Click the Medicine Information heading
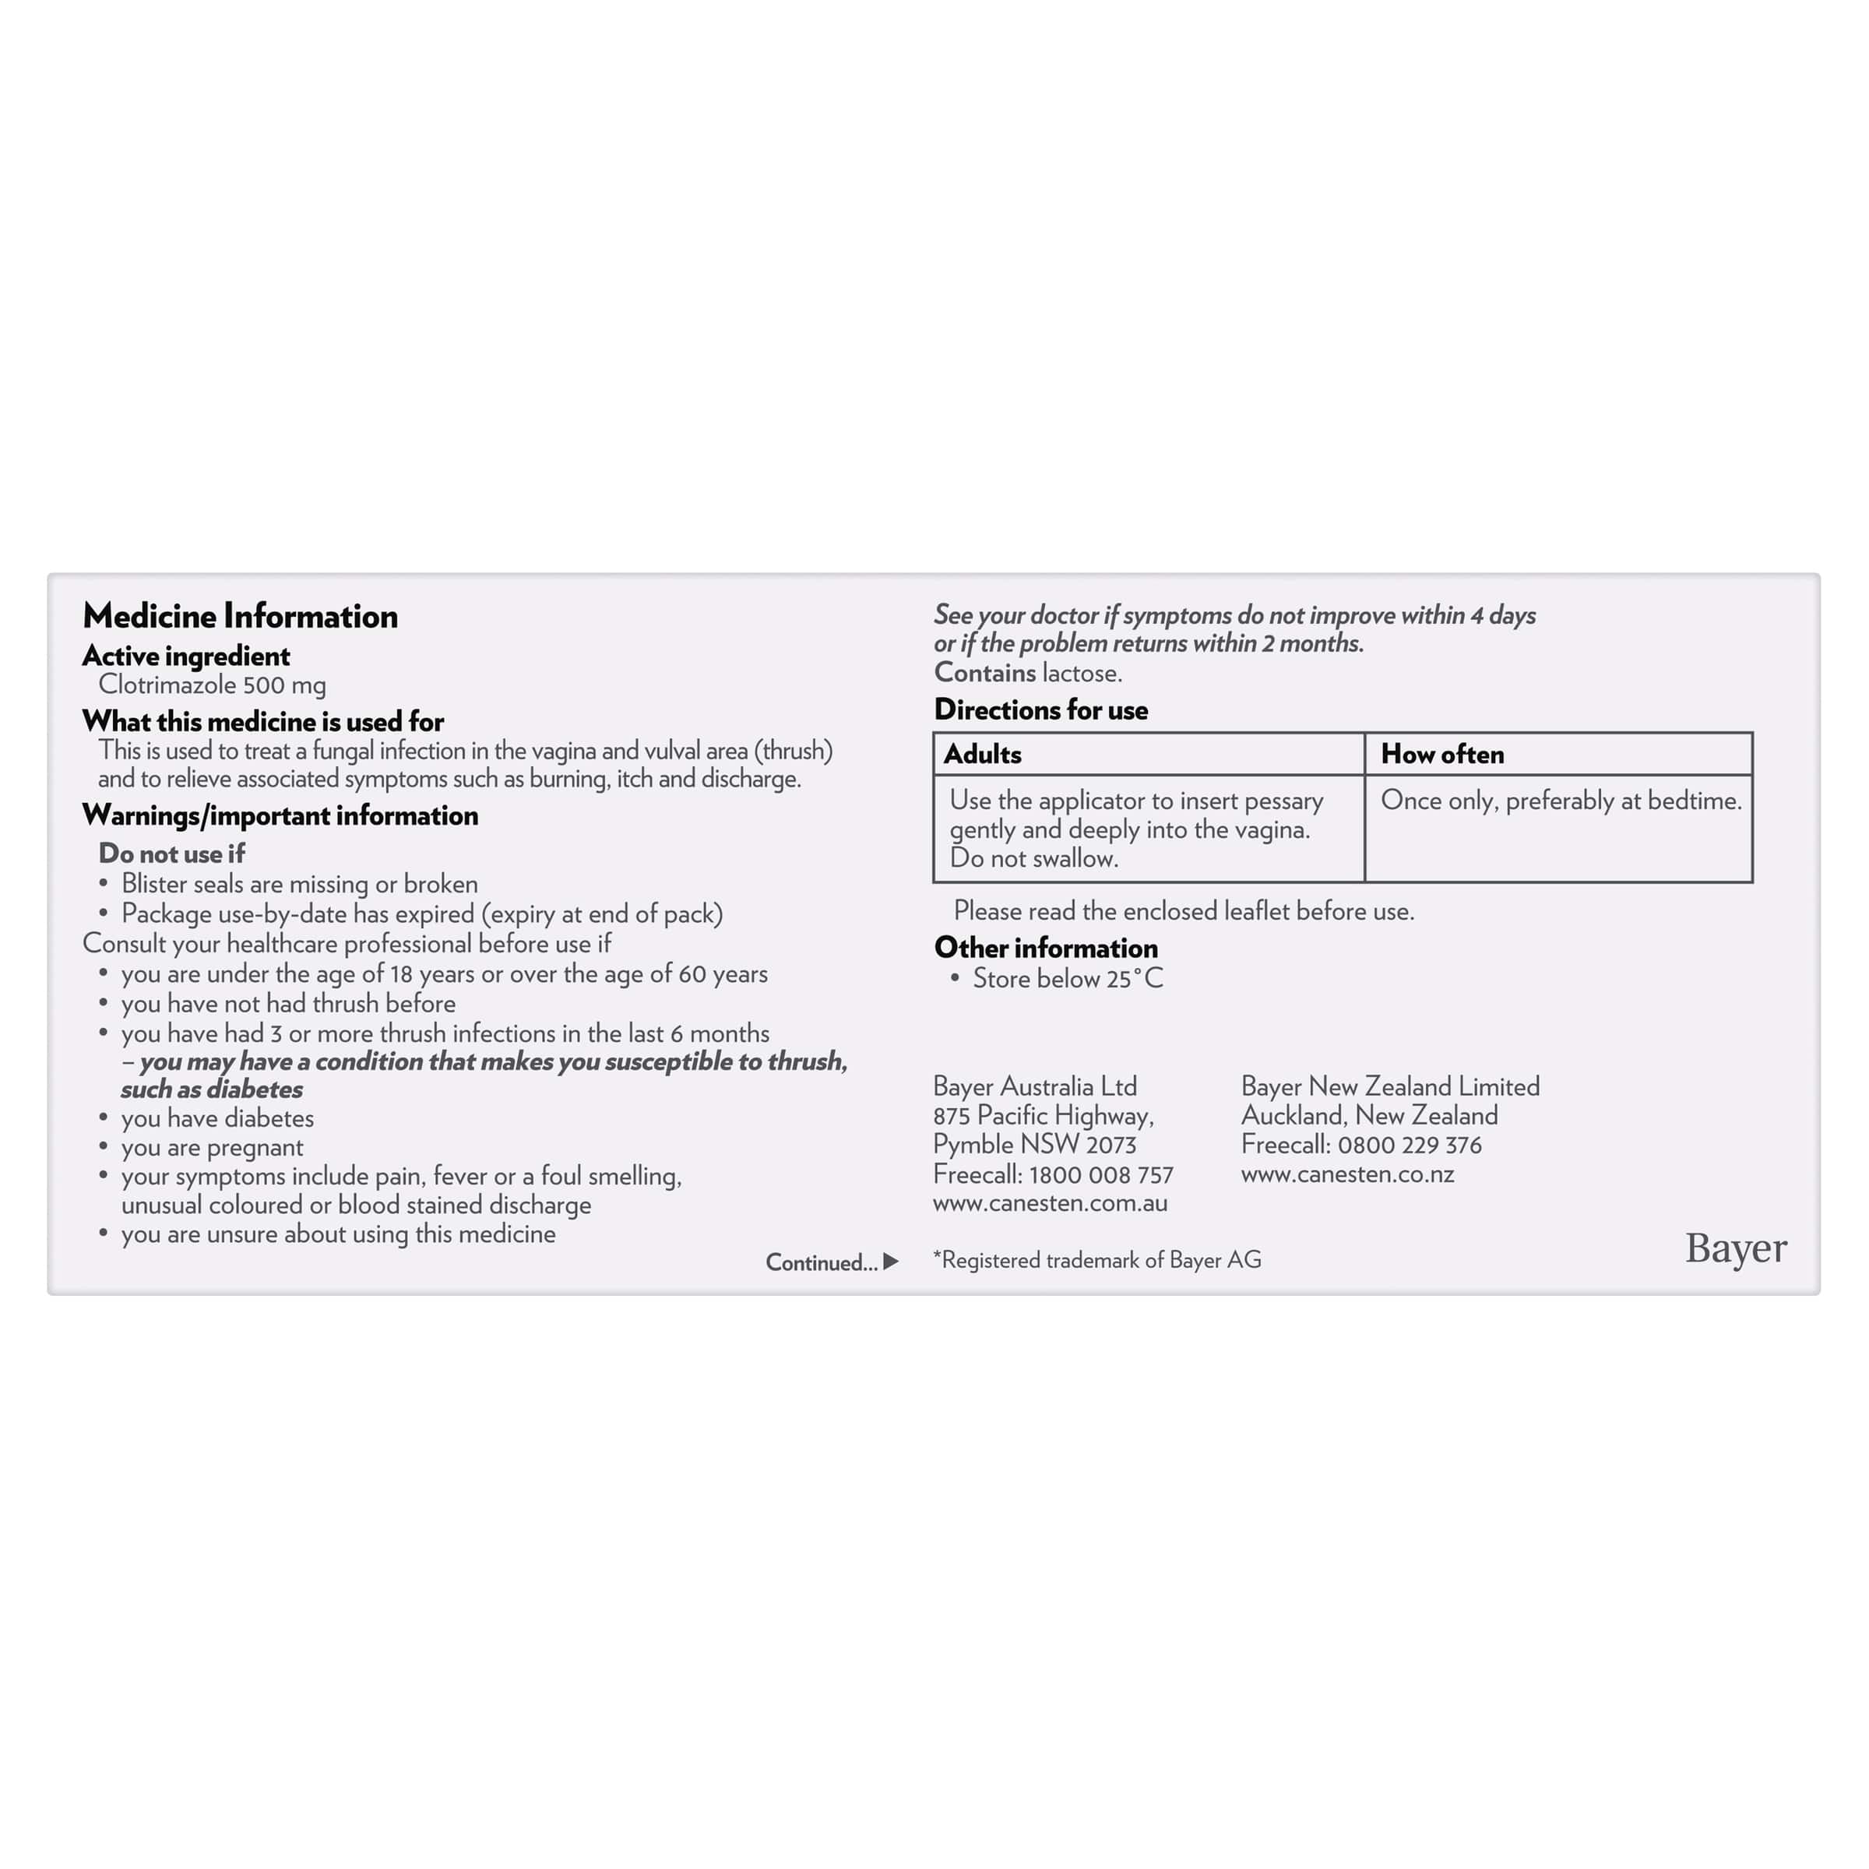pos(240,616)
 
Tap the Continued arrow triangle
pos(891,1262)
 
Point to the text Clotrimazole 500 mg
pos(212,686)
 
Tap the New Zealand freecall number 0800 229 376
pos(1410,1146)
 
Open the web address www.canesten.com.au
pos(1050,1203)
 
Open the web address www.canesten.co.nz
pos(1346,1174)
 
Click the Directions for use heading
pos(1041,710)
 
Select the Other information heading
pos(1046,948)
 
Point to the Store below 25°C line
pos(1067,979)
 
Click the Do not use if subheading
pos(171,854)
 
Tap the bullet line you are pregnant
pos(212,1147)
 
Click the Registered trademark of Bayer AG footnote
pos(1097,1259)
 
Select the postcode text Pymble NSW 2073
pos(1034,1146)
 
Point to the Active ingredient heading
pos(186,656)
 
